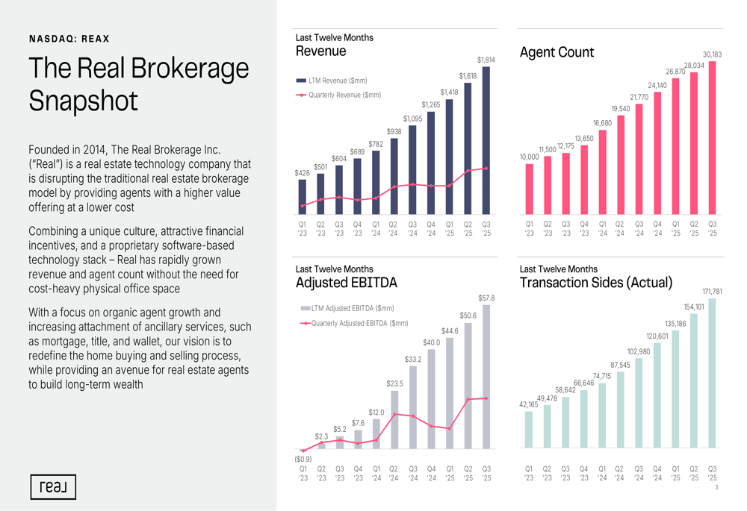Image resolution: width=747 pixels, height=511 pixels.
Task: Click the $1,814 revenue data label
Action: (x=486, y=60)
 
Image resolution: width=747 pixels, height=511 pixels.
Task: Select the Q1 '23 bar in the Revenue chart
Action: (x=302, y=198)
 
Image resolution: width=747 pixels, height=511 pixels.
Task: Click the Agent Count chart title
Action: (x=557, y=51)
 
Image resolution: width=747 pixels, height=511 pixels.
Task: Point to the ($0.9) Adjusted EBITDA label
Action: (x=303, y=459)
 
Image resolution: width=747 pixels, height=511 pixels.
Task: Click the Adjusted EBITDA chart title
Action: (x=347, y=283)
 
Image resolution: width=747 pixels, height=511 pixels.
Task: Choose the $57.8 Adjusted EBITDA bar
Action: (x=486, y=377)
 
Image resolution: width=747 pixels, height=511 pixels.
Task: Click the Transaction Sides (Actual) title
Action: (x=596, y=283)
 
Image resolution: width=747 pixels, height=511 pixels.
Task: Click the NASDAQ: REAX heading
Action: (x=69, y=39)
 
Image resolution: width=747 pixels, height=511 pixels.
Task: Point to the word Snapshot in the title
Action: (x=84, y=101)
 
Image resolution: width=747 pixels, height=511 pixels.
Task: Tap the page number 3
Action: (x=716, y=488)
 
